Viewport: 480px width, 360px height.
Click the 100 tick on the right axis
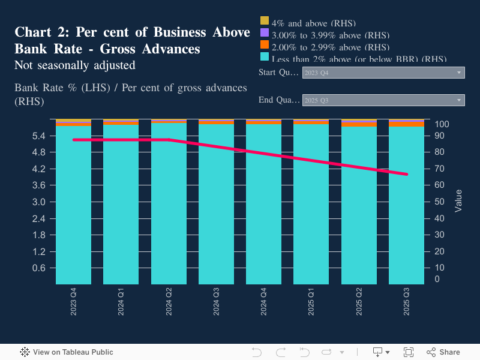(442, 124)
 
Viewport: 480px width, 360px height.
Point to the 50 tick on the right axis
(439, 202)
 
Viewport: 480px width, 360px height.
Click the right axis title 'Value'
(459, 200)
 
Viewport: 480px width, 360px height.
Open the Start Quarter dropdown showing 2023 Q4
(383, 73)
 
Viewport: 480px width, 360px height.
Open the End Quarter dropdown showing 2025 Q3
(383, 100)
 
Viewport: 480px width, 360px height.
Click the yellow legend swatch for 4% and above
(264, 20)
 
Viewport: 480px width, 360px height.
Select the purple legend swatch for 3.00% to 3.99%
(264, 32)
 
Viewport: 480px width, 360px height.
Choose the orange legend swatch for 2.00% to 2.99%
(264, 44)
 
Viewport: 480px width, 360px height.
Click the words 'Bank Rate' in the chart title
(40, 48)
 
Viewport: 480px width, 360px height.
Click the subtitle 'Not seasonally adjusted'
(74, 65)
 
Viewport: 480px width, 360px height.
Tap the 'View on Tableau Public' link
(67, 352)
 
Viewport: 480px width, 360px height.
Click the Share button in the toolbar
(443, 352)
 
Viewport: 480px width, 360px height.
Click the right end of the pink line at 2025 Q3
(407, 174)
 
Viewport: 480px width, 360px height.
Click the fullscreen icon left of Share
(409, 352)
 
